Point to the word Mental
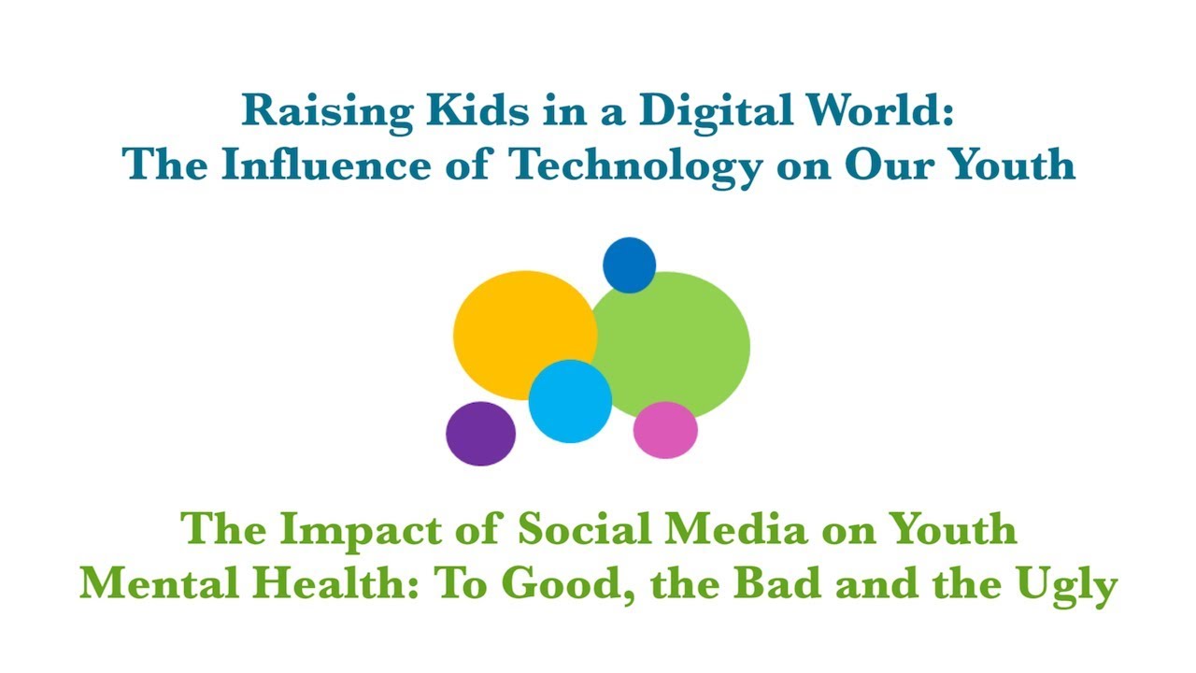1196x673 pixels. click(149, 585)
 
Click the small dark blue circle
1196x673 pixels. click(629, 264)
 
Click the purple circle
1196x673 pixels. click(480, 434)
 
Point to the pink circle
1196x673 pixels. click(665, 430)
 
